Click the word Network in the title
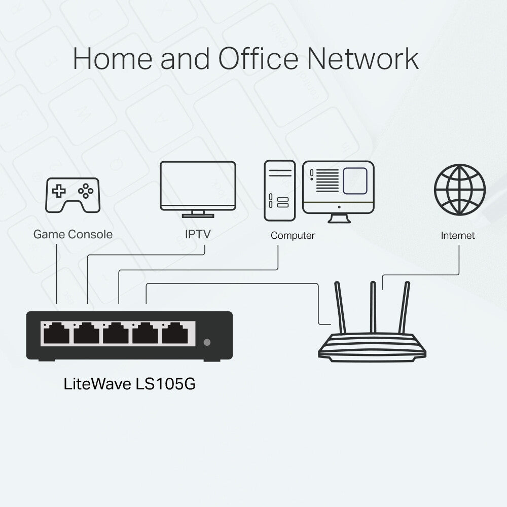click(x=363, y=59)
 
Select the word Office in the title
click(x=259, y=59)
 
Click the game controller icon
click(x=73, y=195)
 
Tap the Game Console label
click(x=73, y=234)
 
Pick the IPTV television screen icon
click(x=198, y=186)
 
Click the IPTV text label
click(x=198, y=234)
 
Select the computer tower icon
click(x=279, y=190)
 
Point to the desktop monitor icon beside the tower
click(x=338, y=188)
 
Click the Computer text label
click(x=293, y=235)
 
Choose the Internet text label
click(x=458, y=235)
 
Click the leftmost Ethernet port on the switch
click(x=56, y=333)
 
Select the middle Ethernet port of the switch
click(x=116, y=333)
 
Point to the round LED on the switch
click(x=206, y=342)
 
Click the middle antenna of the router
click(x=374, y=307)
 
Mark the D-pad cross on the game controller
click(x=59, y=191)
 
